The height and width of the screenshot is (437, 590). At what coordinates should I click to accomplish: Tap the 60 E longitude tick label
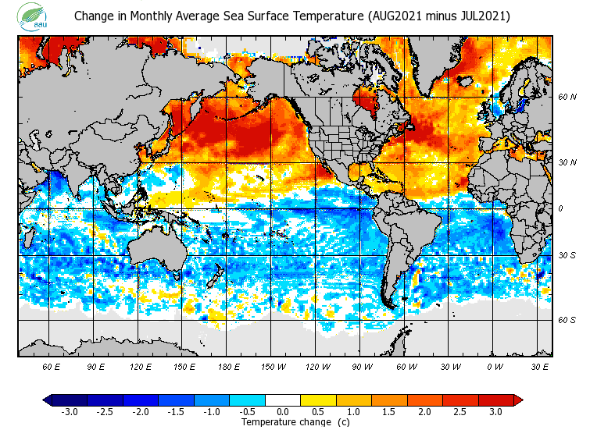(x=52, y=366)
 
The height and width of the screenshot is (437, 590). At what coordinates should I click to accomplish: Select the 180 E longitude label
(x=229, y=366)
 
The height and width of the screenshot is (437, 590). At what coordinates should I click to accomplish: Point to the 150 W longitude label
(x=274, y=366)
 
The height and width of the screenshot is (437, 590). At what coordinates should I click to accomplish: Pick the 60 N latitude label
(x=567, y=98)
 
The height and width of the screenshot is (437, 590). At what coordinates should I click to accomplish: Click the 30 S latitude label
(x=567, y=256)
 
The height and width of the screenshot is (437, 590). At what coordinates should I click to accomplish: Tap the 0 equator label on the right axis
(x=560, y=208)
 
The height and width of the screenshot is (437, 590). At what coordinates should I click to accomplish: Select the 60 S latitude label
(x=567, y=320)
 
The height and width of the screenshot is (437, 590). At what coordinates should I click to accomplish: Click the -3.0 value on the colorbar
(x=70, y=412)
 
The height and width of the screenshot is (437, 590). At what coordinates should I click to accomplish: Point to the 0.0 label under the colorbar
(x=282, y=412)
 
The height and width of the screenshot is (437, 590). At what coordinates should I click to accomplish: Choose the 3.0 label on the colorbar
(x=495, y=412)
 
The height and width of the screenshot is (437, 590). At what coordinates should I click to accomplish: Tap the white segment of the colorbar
(x=282, y=400)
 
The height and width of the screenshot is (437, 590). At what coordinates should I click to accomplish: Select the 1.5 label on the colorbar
(x=389, y=412)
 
